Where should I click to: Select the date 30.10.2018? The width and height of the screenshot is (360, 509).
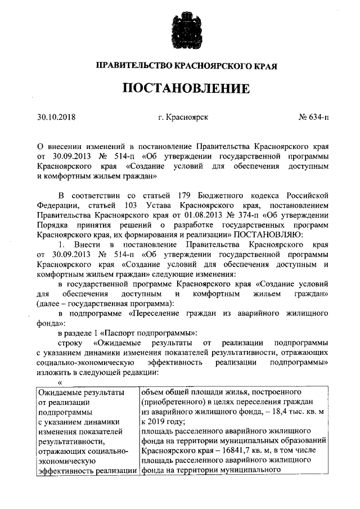(56, 118)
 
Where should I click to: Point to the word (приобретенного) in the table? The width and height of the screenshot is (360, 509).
(173, 402)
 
